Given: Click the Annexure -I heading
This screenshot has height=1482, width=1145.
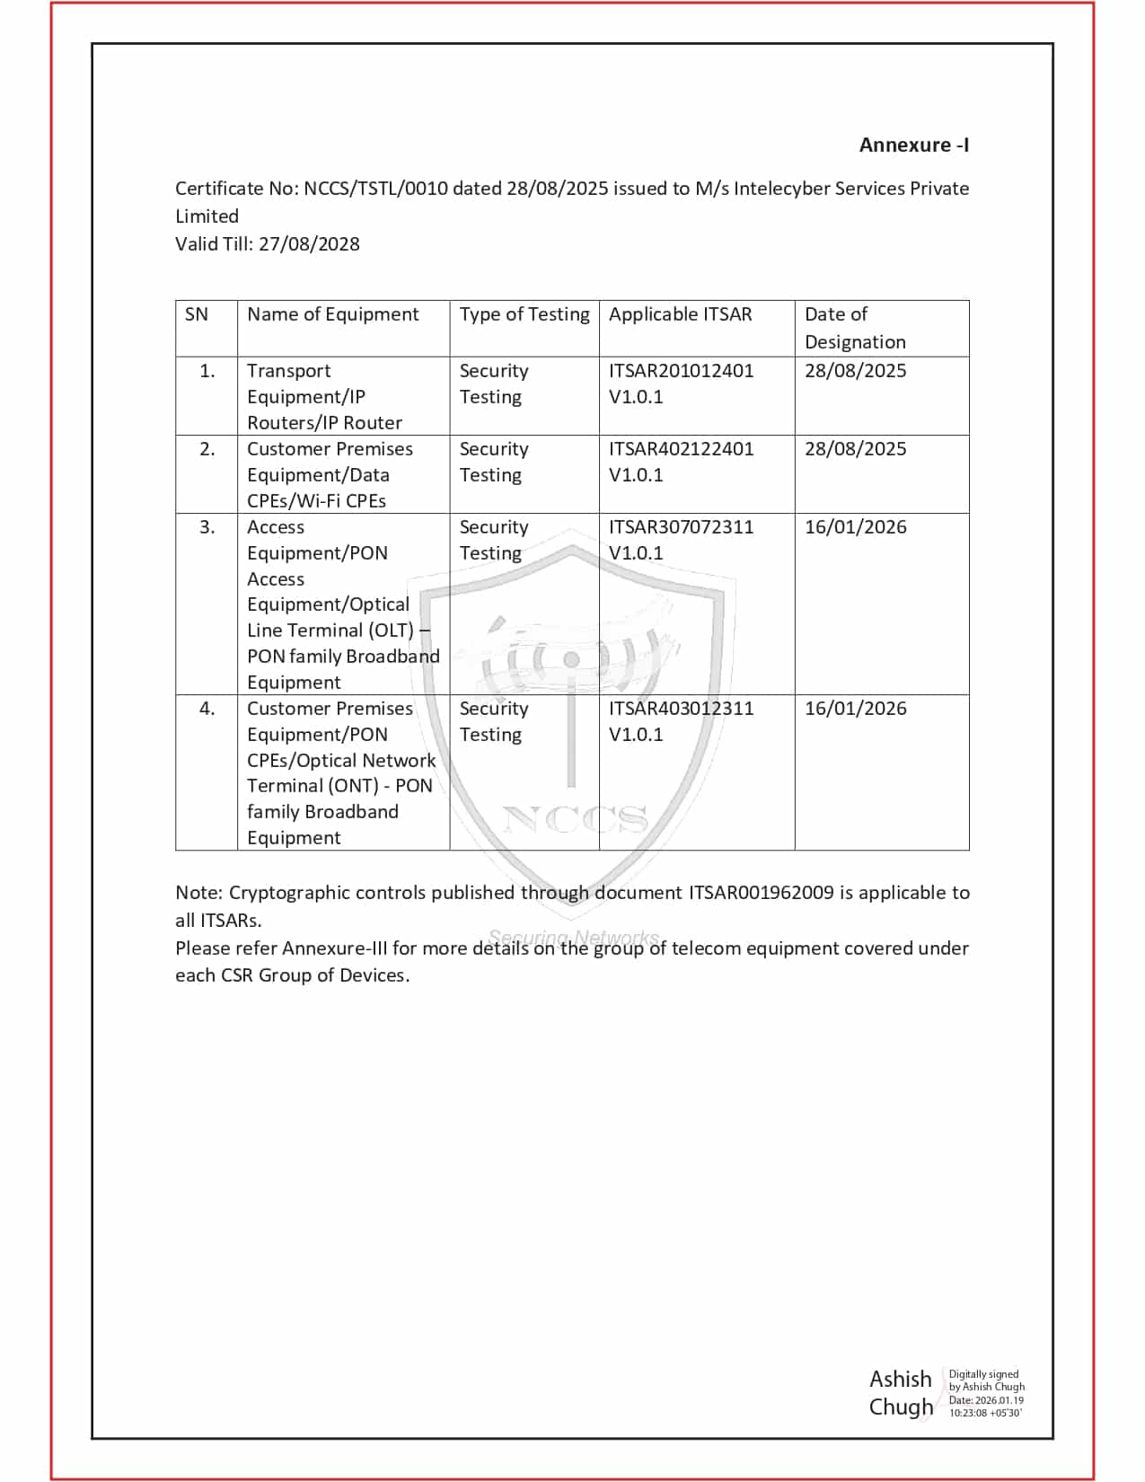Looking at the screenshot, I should click(x=913, y=146).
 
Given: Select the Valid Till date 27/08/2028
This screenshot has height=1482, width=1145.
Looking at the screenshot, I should click(x=309, y=244).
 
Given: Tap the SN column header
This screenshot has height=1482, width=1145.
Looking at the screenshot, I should click(x=197, y=314).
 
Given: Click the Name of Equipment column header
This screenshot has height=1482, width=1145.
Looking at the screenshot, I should click(x=332, y=314).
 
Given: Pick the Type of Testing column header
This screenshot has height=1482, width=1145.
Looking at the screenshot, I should click(x=524, y=314).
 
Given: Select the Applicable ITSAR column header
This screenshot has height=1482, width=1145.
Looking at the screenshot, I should click(x=680, y=314).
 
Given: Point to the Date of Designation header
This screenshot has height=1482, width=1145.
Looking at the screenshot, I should click(x=854, y=328).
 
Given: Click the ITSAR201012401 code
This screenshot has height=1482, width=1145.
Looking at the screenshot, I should click(x=681, y=371).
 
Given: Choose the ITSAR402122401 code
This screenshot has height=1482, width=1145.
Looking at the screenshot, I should click(x=681, y=449).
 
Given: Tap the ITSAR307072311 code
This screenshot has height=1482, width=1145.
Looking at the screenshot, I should click(x=681, y=527).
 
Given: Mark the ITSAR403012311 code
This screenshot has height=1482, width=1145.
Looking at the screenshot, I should click(x=681, y=709).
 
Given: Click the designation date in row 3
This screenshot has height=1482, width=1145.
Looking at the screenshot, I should click(x=855, y=527).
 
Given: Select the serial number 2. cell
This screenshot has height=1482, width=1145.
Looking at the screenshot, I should click(x=207, y=449).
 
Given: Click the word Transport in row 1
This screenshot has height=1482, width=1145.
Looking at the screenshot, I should click(x=288, y=371).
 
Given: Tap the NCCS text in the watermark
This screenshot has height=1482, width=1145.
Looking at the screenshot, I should click(x=575, y=818).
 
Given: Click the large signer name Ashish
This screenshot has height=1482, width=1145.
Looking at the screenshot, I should click(x=900, y=1379).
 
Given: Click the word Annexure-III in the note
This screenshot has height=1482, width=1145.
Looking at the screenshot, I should click(x=334, y=948).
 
